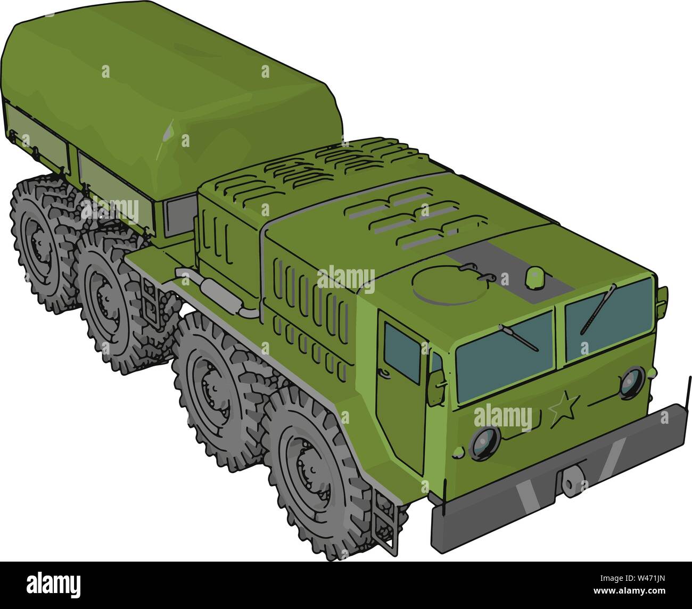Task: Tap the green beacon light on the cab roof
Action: pos(533,277)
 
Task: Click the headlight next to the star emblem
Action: pos(632,381)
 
